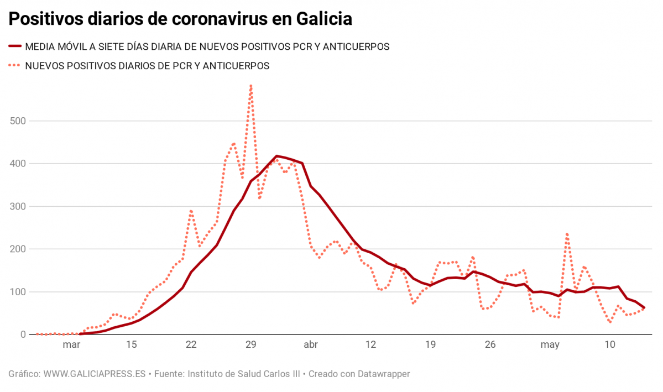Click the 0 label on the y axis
(x=23, y=334)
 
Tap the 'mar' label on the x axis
(x=71, y=345)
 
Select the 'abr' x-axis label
(x=311, y=345)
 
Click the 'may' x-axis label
(x=550, y=345)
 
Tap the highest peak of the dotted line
(x=251, y=86)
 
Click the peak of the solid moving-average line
(x=276, y=156)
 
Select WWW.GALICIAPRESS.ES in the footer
(x=94, y=374)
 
